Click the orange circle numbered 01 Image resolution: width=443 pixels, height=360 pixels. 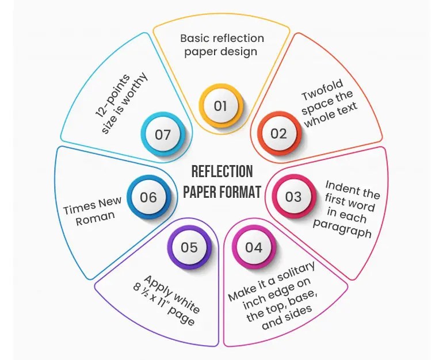point(221,106)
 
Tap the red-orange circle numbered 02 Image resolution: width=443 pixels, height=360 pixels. point(278,133)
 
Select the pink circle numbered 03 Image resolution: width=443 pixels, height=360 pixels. point(293,197)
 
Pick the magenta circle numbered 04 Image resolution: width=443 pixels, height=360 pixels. point(254,247)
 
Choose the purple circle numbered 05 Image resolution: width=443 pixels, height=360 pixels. point(189,247)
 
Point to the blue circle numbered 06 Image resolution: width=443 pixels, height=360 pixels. point(148,197)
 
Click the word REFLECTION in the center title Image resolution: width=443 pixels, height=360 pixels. point(221,171)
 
